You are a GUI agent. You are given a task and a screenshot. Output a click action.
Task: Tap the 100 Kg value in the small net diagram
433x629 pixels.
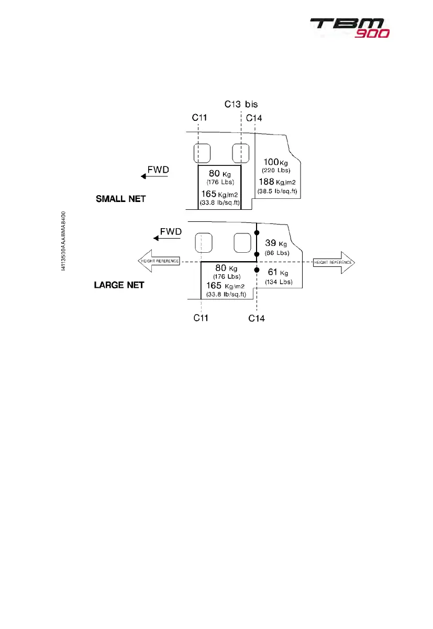[276, 163]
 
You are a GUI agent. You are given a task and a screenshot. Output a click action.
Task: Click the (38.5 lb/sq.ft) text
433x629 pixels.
[277, 192]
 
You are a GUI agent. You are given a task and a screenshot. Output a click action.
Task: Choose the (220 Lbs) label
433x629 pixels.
[276, 171]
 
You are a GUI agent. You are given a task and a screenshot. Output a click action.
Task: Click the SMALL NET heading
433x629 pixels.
[120, 199]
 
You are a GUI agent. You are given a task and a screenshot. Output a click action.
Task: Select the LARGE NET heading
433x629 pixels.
[119, 286]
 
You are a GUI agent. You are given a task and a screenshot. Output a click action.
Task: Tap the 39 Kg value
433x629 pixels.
[275, 243]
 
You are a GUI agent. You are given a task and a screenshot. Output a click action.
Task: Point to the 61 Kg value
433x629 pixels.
[275, 273]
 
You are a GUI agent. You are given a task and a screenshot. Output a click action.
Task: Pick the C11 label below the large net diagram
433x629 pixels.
[202, 318]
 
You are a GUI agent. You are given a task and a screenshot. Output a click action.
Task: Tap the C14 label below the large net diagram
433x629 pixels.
[257, 318]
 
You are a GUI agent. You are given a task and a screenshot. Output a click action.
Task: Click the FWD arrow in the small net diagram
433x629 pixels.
[154, 177]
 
